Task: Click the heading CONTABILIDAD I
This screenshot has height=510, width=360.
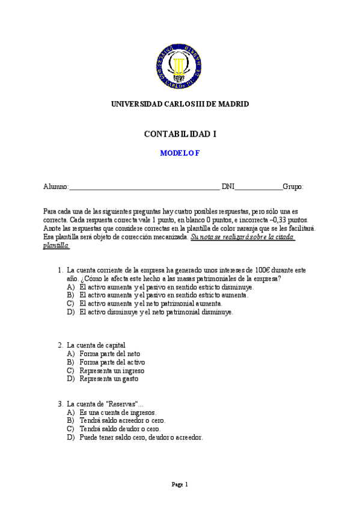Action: (180, 134)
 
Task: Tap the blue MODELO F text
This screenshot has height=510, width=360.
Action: (180, 153)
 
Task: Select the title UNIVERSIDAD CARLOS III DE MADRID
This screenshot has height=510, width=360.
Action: (180, 104)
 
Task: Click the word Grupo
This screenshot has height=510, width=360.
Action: (293, 187)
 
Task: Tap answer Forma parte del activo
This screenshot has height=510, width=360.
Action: (112, 362)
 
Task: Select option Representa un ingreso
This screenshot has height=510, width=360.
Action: (112, 370)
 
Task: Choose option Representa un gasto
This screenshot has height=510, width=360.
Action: (109, 379)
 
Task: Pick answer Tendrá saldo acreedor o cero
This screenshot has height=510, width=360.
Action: (122, 420)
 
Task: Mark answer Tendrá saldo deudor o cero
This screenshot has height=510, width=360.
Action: (120, 429)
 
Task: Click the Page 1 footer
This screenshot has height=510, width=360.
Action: (180, 484)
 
